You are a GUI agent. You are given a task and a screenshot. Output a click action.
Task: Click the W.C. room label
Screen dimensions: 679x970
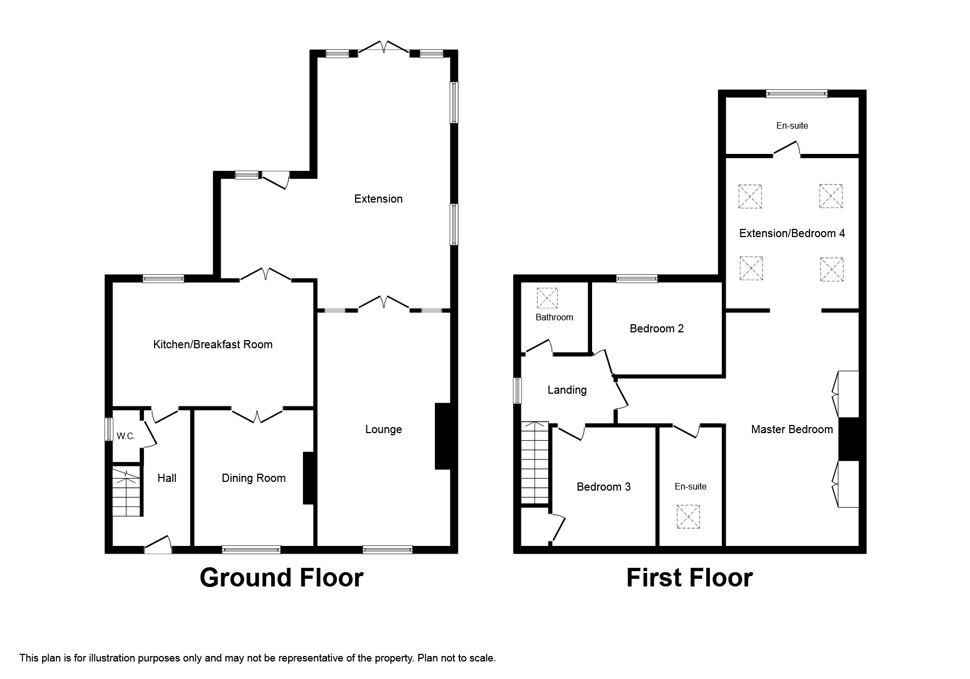[126, 436]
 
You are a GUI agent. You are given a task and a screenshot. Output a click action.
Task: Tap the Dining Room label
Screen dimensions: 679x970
[254, 478]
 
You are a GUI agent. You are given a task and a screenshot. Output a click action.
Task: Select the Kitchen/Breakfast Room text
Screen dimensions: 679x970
[213, 344]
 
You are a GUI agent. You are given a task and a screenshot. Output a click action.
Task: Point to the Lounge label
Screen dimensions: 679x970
[383, 429]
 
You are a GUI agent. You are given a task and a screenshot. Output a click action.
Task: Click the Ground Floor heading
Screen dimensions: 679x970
[281, 578]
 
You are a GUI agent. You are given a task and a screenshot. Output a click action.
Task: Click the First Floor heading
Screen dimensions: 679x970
[689, 578]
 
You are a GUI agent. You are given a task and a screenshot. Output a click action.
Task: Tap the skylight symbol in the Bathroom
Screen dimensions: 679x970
[547, 298]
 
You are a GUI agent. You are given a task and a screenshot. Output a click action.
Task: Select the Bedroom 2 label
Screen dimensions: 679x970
[656, 329]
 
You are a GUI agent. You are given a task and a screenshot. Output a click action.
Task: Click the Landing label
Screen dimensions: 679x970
[567, 390]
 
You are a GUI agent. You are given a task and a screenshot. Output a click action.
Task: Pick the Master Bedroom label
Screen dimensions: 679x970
[791, 429]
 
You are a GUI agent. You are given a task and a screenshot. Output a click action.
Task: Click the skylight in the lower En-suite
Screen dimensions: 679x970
[688, 517]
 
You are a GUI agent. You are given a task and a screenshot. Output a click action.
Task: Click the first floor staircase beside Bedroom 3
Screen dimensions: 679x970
[535, 463]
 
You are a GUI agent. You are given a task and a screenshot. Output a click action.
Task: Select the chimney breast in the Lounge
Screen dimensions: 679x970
[443, 436]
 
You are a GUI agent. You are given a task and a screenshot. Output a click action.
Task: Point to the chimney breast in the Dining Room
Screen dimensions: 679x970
[309, 478]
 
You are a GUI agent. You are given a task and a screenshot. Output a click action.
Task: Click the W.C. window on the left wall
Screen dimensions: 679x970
[109, 429]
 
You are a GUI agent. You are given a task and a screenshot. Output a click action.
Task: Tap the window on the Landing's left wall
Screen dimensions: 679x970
[517, 390]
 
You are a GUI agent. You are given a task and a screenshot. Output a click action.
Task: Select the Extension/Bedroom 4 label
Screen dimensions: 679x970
[791, 233]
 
